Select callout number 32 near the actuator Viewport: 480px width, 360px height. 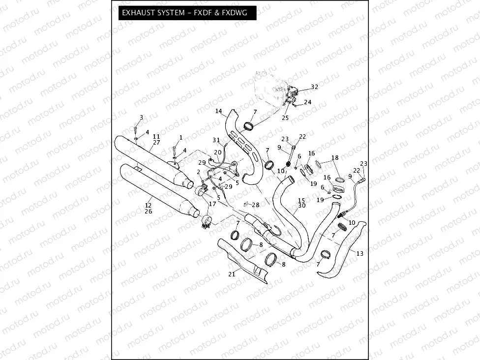(314, 87)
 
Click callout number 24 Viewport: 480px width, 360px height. (307, 102)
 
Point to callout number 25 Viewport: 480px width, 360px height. (285, 118)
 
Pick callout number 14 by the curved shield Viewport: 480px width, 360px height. (219, 111)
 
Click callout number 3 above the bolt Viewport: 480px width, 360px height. (141, 117)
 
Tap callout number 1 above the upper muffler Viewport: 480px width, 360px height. (180, 137)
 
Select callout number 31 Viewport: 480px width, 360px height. (216, 140)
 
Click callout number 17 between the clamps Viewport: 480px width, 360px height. (212, 204)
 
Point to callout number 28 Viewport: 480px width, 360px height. (256, 204)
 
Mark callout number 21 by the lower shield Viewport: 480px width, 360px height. (232, 274)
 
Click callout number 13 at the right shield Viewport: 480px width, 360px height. (360, 253)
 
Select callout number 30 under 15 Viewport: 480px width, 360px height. (301, 206)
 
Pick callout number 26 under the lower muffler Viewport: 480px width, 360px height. (148, 211)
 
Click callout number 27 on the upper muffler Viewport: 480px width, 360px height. (156, 142)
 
